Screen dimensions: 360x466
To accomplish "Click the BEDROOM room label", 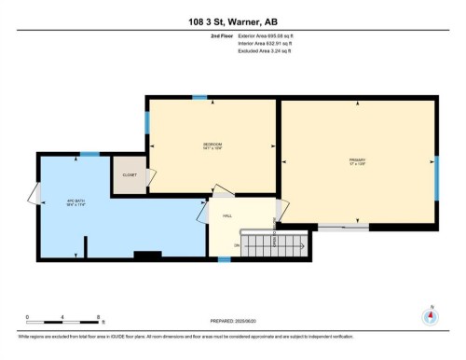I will click(212, 145).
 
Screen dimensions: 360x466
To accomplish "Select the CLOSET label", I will click(130, 176).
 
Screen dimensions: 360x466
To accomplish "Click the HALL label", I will click(226, 216).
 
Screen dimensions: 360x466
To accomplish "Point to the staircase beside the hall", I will click(274, 246).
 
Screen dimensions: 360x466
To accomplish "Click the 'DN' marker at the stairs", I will click(237, 245).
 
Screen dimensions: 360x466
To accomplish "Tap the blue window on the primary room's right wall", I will click(436, 176).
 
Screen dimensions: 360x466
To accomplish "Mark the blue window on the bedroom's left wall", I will click(145, 122).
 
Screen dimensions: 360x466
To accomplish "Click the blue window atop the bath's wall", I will click(89, 154).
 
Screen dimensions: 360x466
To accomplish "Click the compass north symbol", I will click(430, 314).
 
